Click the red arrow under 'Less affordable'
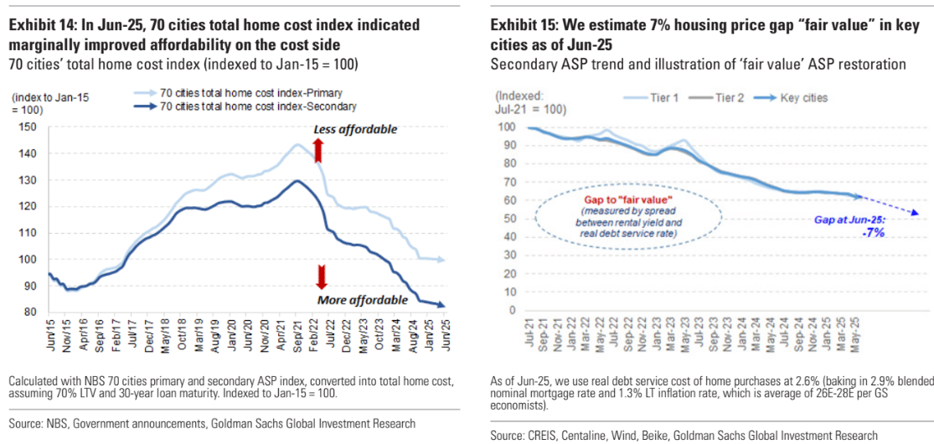point(317,151)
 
